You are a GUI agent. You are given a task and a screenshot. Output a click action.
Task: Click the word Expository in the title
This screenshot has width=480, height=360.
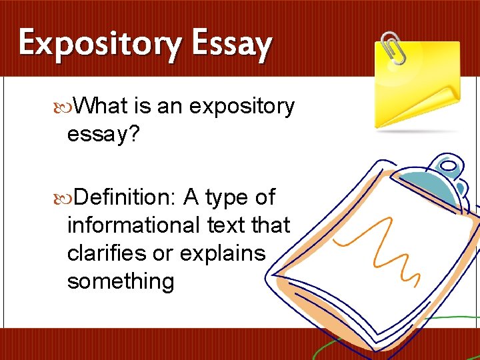point(99,44)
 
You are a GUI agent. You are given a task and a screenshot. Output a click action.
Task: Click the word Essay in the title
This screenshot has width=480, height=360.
point(231,44)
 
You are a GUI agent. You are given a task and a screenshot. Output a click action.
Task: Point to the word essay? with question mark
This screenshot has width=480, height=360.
point(103,135)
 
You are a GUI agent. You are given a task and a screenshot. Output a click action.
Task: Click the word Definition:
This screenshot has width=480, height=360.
point(125,197)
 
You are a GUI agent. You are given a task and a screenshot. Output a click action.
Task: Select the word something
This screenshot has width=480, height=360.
point(120,281)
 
